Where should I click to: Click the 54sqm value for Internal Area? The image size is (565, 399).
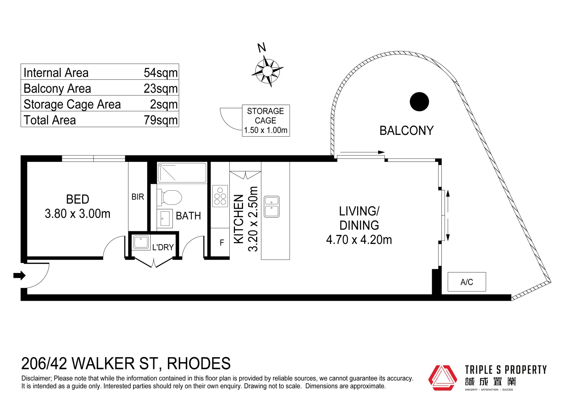click(161, 73)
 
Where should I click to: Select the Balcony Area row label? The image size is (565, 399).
click(57, 89)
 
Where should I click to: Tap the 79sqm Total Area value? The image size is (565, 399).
click(161, 120)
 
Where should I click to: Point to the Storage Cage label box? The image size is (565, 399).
click(266, 121)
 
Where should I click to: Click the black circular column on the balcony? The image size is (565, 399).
click(419, 102)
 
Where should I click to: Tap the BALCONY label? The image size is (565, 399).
click(406, 131)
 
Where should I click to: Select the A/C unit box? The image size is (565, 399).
click(467, 282)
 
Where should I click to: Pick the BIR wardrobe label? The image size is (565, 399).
click(138, 197)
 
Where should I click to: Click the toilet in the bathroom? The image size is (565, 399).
click(170, 197)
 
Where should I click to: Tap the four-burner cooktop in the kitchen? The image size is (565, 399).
click(220, 196)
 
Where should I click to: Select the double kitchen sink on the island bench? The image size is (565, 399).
click(272, 207)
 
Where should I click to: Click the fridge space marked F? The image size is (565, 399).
click(222, 243)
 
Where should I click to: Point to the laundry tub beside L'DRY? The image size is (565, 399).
click(141, 242)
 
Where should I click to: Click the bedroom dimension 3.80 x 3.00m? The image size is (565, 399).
click(77, 214)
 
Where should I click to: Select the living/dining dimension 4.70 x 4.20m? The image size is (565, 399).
click(359, 240)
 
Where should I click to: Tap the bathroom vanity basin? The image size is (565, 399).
click(165, 218)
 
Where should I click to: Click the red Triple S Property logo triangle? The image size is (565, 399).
click(443, 378)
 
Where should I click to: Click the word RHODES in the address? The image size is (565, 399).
click(199, 364)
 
